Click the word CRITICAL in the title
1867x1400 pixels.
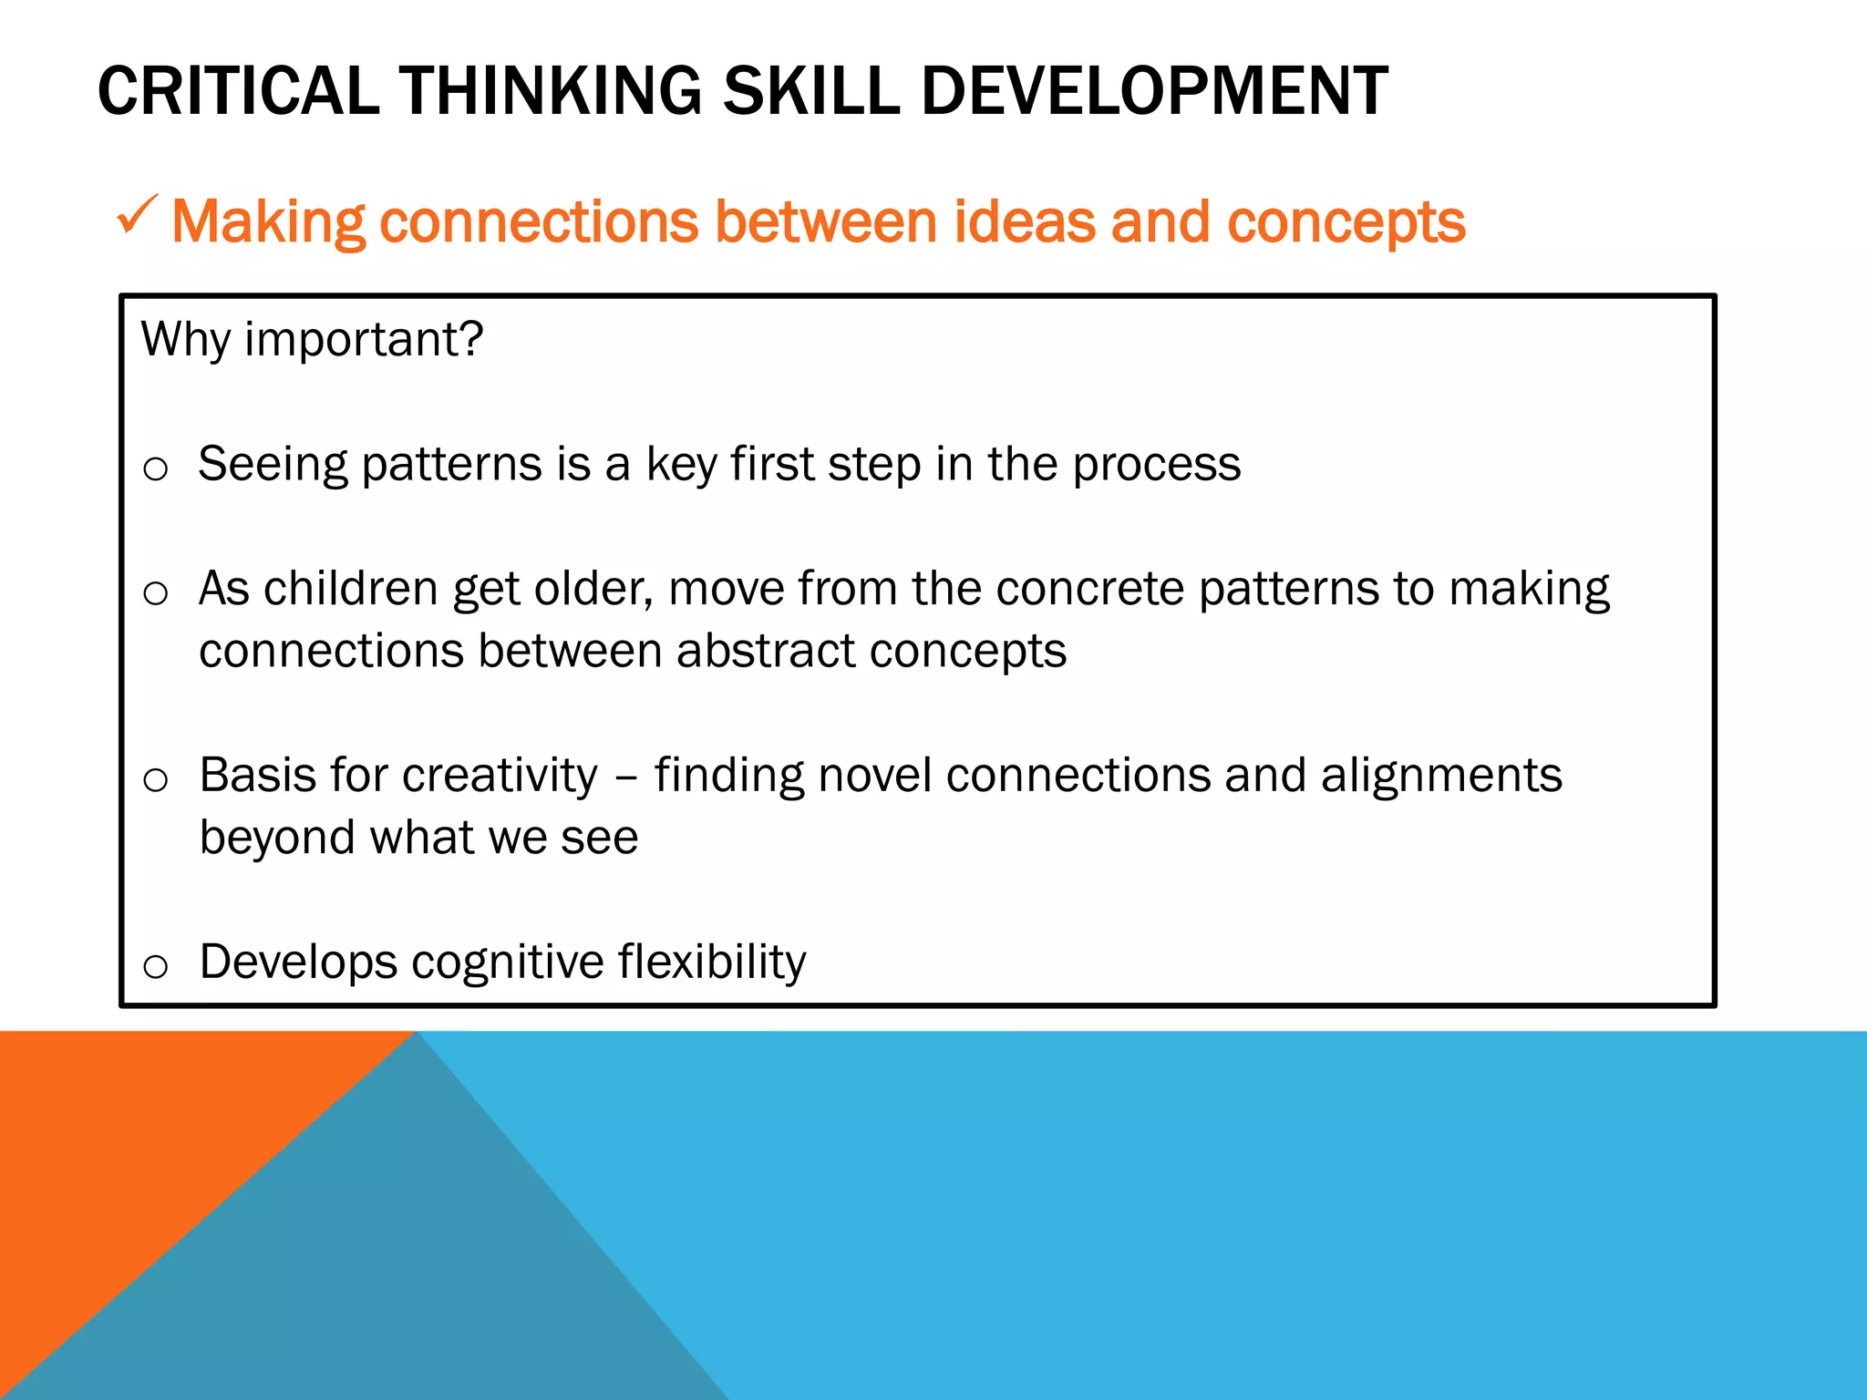point(238,91)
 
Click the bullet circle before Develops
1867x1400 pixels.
point(156,966)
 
